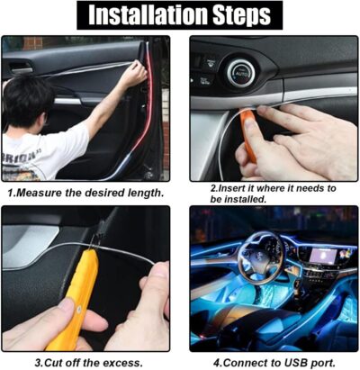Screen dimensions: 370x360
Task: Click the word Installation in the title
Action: tap(137, 14)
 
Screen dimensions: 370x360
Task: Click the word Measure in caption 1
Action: tap(49, 192)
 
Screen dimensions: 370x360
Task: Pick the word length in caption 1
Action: tap(144, 192)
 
